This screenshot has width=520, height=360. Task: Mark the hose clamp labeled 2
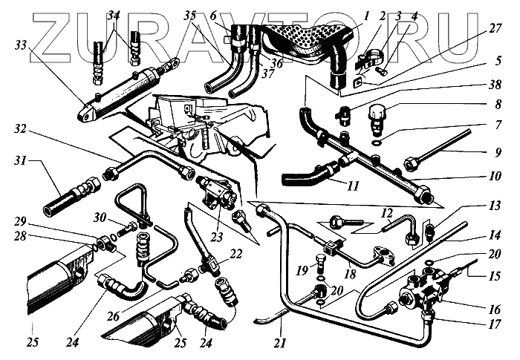(367, 58)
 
